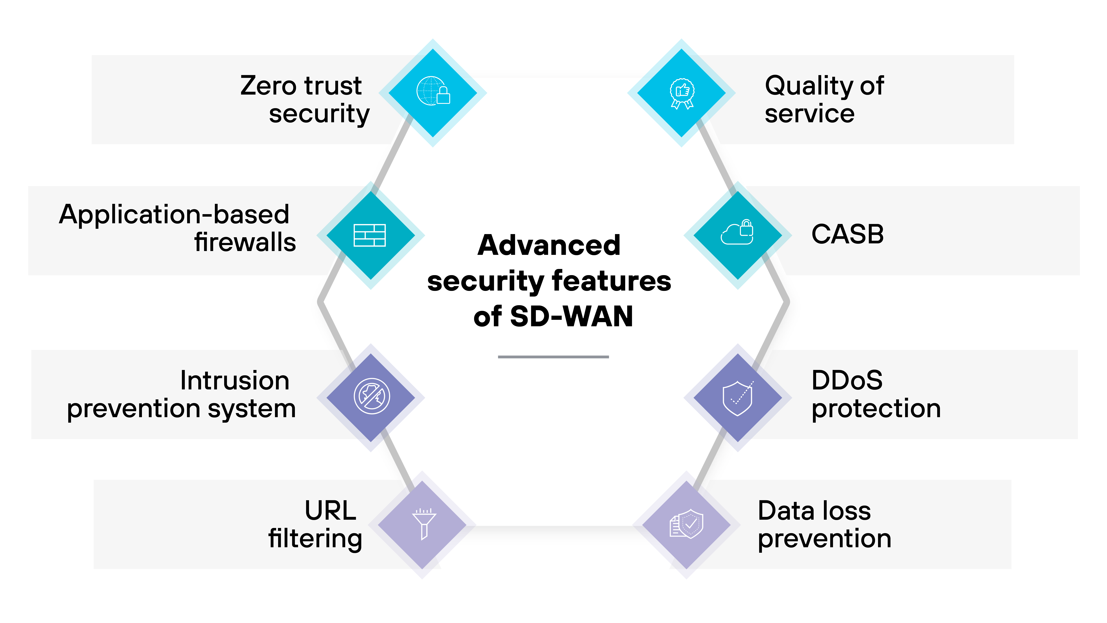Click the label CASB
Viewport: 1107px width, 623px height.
(847, 234)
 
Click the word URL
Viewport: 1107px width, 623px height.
(330, 511)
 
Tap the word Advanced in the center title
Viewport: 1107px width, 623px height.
(549, 246)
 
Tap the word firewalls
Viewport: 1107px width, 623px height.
(245, 242)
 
